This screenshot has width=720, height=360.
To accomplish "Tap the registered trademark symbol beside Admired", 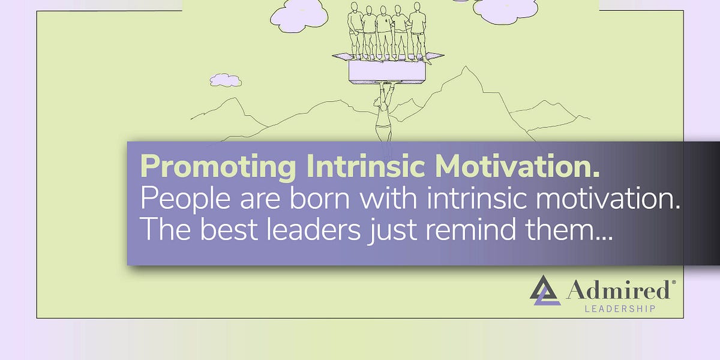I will click(x=673, y=281).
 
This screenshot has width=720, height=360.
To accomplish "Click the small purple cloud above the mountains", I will click(x=226, y=80).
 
